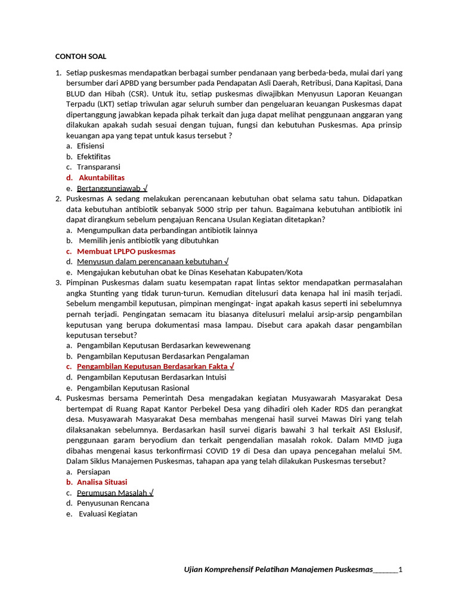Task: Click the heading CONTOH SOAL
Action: (x=81, y=57)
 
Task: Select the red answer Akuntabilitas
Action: (x=101, y=178)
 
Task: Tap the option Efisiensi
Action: (x=91, y=145)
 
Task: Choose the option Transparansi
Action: (x=98, y=167)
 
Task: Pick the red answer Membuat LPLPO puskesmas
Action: (x=126, y=251)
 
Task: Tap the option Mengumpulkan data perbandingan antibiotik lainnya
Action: (x=167, y=230)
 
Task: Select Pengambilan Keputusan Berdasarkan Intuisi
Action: (x=151, y=377)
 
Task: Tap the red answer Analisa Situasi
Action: (x=102, y=482)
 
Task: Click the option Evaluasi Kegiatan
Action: (x=108, y=513)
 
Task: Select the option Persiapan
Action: (x=94, y=471)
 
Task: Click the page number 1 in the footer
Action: (x=400, y=569)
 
